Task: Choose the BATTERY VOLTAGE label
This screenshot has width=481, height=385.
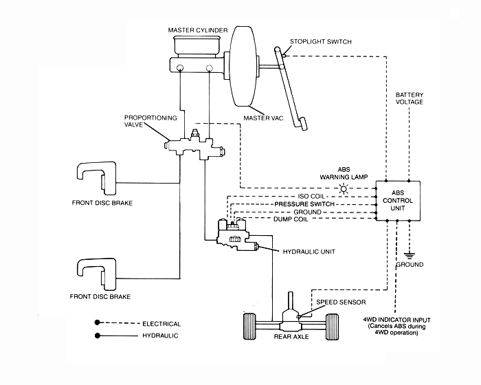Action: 410,97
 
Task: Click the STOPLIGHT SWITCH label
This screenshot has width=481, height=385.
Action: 320,42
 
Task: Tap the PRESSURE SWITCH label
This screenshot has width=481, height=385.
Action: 304,203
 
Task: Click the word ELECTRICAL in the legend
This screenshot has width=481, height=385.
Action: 162,323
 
